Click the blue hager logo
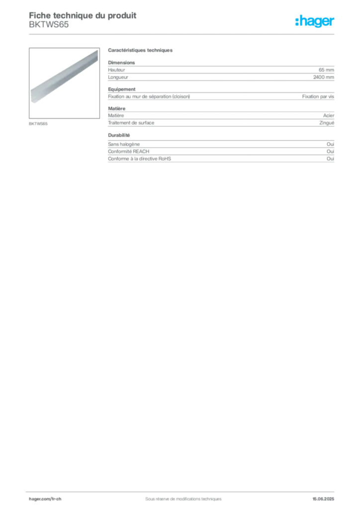[x=315, y=22]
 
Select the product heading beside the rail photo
[x=141, y=51]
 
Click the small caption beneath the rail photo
[x=39, y=123]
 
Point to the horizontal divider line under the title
[x=183, y=34]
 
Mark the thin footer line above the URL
[x=183, y=491]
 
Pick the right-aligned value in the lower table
[x=331, y=142]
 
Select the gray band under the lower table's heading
[x=220, y=153]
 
